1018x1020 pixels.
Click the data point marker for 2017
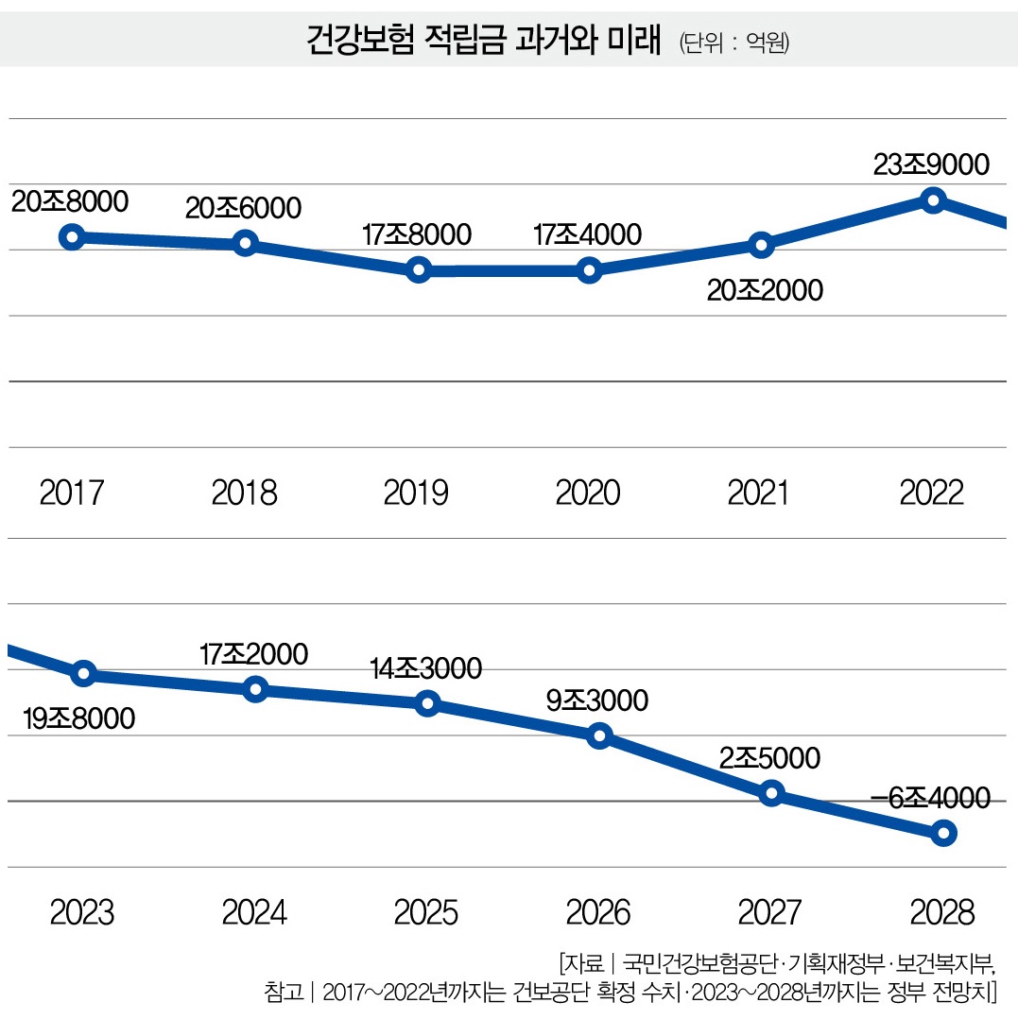[x=72, y=236]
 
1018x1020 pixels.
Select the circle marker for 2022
[x=933, y=200]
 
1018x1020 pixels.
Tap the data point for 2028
[x=942, y=833]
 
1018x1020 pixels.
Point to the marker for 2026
[x=599, y=735]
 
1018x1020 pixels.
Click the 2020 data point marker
[x=589, y=271]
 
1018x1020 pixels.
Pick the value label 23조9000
[x=932, y=164]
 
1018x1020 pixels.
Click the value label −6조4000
[x=930, y=798]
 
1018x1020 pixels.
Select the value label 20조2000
[x=765, y=288]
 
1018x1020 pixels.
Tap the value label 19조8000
[x=78, y=718]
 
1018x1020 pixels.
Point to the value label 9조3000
[x=597, y=700]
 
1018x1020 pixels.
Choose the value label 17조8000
[x=416, y=235]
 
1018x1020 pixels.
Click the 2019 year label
[x=416, y=493]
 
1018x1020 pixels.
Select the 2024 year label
[x=254, y=912]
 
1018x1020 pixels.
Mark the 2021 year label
[x=760, y=493]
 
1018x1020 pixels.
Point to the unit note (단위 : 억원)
[x=733, y=43]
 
